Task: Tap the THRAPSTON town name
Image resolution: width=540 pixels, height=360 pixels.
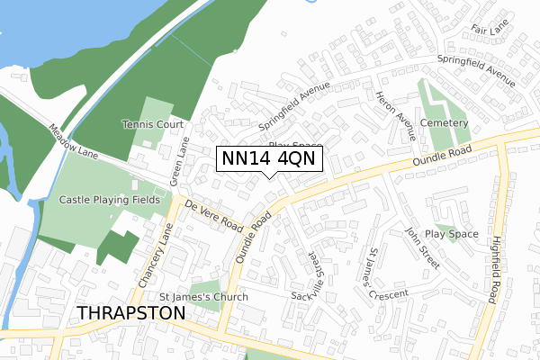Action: point(132,312)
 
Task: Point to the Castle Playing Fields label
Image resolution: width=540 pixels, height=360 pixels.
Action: point(109,199)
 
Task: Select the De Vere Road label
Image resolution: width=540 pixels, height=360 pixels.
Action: point(215,214)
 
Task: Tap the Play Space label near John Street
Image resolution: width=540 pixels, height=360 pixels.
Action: point(452,234)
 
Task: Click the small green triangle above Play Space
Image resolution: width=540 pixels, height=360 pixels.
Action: point(445,227)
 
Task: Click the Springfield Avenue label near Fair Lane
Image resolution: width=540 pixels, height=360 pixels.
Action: point(476,70)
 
